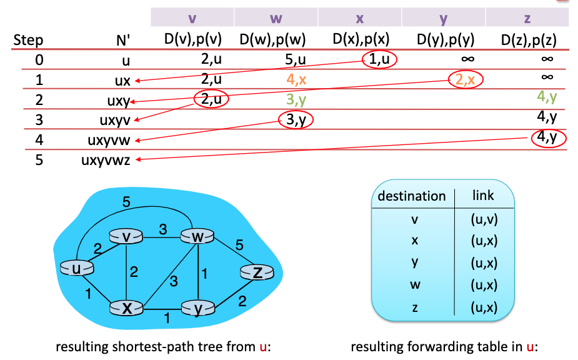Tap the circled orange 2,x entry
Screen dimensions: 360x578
[466, 79]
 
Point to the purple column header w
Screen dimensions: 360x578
[276, 17]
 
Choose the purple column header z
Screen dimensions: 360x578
[527, 17]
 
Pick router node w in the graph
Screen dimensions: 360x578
[197, 237]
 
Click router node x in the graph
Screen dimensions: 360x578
[126, 307]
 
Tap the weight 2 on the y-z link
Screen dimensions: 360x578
[242, 301]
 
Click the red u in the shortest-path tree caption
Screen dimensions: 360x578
[262, 346]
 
